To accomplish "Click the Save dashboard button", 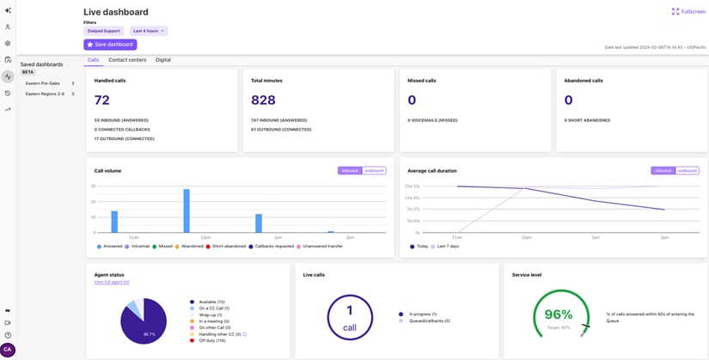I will (x=110, y=45).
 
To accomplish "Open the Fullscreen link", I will (x=688, y=12).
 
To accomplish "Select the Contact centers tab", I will (x=127, y=60).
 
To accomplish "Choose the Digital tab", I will (x=163, y=60).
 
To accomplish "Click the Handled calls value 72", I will (x=101, y=100).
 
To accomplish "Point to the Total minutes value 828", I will (x=263, y=100).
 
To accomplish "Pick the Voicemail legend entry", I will (x=140, y=247).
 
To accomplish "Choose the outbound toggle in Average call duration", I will (x=687, y=170).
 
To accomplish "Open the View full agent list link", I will (x=112, y=282).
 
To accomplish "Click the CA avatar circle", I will (x=8, y=350).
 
